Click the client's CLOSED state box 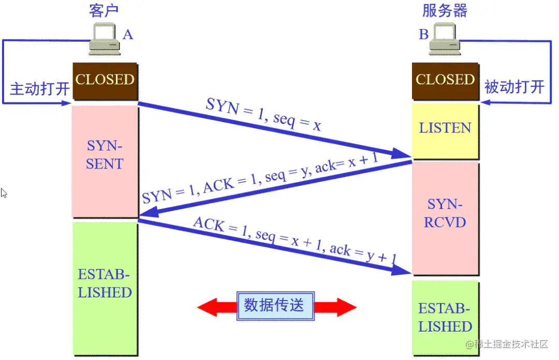coord(105,81)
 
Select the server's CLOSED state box coord(445,81)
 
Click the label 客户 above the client coord(105,10)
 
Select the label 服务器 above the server coord(445,10)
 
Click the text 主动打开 coord(39,87)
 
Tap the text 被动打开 coord(513,86)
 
